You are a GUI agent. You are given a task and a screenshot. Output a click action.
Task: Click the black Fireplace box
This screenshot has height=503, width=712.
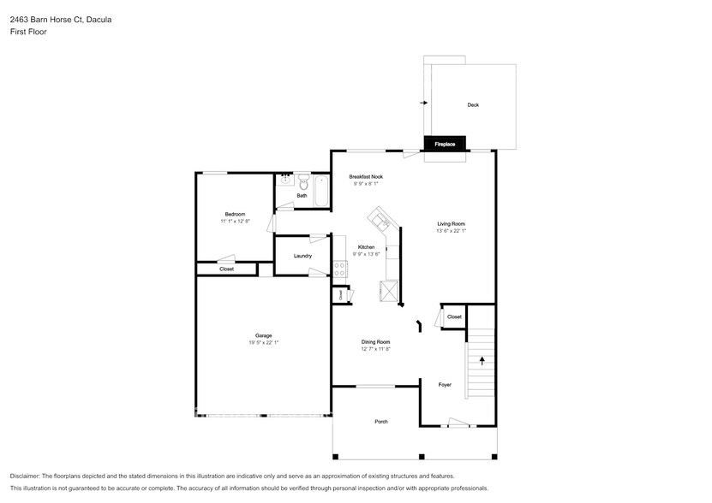pos(445,144)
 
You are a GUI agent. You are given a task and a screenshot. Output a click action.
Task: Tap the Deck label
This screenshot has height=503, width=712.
pos(473,105)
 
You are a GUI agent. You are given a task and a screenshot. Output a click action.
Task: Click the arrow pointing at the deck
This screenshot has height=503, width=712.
pos(423,103)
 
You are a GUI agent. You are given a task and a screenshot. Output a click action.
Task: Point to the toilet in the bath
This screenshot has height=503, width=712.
pos(302,181)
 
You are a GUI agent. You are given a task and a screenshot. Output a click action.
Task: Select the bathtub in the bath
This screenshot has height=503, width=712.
pos(321,190)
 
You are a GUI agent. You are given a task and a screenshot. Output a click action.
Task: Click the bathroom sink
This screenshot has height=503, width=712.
pos(284,180)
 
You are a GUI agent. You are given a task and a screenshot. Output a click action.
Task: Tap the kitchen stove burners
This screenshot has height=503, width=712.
pos(338,271)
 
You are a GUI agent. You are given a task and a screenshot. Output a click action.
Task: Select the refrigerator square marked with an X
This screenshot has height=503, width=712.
pos(391,293)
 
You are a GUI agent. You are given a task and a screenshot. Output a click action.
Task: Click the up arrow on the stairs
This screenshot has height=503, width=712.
pos(482,360)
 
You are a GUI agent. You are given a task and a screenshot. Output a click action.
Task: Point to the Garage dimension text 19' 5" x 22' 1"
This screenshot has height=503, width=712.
pos(263,342)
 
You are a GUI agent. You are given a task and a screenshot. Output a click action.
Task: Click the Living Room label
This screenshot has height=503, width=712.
pos(451,224)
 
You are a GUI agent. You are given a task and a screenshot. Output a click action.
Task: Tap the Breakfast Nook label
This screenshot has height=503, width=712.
pos(366,176)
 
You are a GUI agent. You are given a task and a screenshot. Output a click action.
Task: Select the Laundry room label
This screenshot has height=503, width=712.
pos(302,256)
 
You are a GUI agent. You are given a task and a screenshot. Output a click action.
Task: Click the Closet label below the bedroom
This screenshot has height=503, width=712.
pos(226,269)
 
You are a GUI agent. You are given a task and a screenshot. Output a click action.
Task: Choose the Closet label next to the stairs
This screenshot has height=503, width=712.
pos(454,317)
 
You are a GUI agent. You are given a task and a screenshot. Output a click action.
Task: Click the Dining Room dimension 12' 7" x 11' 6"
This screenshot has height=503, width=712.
pos(375,349)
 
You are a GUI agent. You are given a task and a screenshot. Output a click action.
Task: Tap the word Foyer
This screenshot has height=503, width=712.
pos(445,385)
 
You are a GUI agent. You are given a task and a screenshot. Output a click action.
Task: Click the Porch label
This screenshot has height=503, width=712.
pos(380,422)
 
